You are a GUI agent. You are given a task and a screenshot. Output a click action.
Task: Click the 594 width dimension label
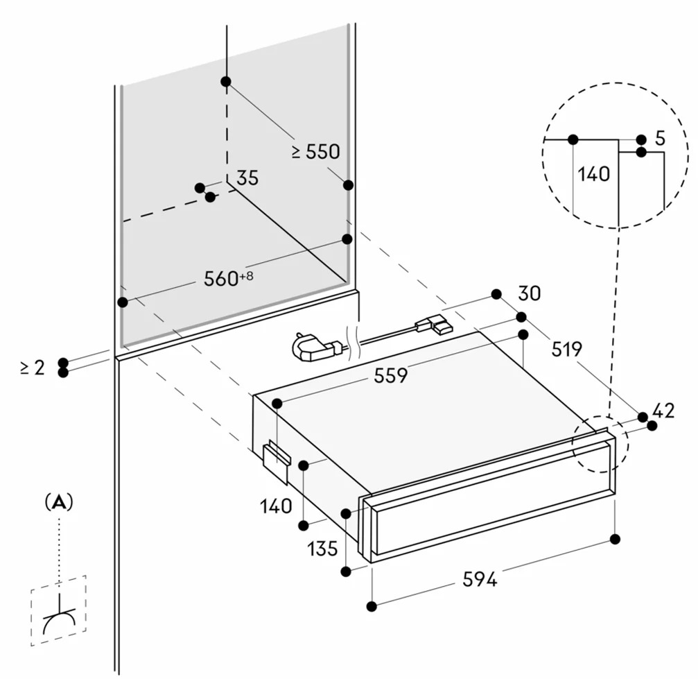tap(480, 579)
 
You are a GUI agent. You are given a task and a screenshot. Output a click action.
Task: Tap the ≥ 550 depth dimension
tap(316, 152)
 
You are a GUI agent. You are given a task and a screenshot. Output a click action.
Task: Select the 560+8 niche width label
tap(228, 278)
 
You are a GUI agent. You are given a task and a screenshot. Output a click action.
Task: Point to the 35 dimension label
tap(247, 178)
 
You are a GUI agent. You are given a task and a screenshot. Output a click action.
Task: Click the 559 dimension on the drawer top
tap(390, 376)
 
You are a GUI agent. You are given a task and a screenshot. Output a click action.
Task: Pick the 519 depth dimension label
tap(567, 350)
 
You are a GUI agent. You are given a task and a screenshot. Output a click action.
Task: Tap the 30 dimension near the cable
tap(530, 293)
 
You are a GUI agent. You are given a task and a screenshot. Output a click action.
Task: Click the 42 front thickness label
tap(664, 411)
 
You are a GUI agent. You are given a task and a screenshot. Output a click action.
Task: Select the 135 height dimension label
tap(322, 549)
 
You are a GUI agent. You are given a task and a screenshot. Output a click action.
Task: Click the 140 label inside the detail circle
tap(594, 174)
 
